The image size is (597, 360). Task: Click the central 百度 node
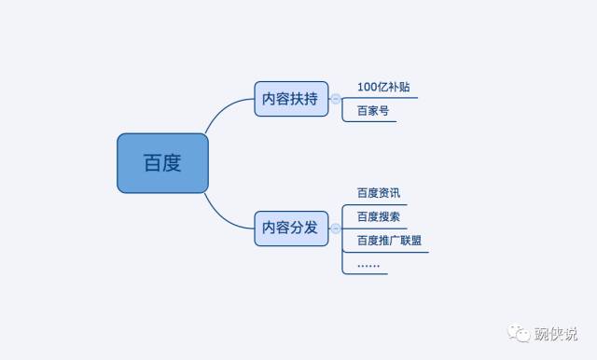tap(162, 163)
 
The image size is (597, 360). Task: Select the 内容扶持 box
tap(291, 99)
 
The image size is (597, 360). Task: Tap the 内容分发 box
tap(291, 228)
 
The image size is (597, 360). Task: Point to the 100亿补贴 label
tap(383, 88)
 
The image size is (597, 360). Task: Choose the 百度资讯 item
tap(379, 193)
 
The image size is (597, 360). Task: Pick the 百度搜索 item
tap(379, 216)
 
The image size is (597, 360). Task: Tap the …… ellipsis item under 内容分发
tap(368, 264)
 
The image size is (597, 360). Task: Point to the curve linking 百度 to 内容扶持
tap(224, 112)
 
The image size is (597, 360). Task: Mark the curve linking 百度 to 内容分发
tap(224, 215)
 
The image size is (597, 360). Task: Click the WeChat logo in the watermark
tap(516, 333)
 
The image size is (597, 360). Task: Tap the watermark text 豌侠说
tap(554, 333)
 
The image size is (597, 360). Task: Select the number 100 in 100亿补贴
tap(368, 88)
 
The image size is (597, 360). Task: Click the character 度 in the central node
tap(172, 163)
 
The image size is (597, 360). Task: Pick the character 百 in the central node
tap(152, 163)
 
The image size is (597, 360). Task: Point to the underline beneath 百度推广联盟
tap(386, 252)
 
